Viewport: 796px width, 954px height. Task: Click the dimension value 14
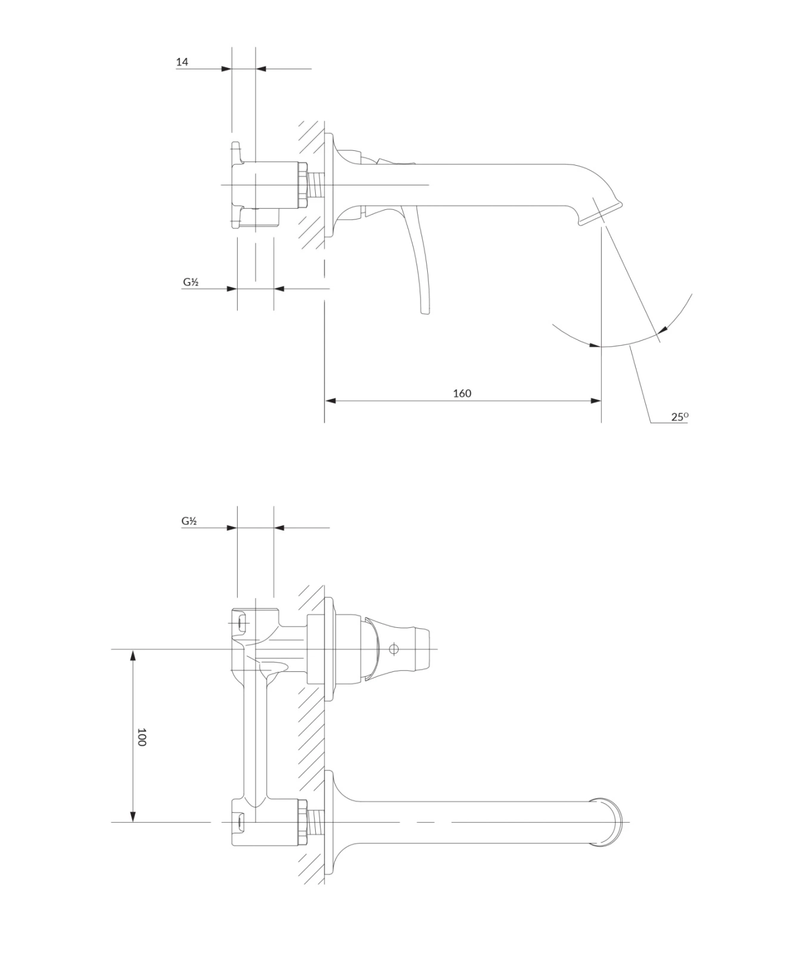[x=182, y=61]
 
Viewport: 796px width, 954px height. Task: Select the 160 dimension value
[x=462, y=393]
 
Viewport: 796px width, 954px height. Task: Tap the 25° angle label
[x=680, y=417]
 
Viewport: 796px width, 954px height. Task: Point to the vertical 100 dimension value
[x=141, y=737]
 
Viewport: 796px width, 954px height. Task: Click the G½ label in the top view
[x=191, y=282]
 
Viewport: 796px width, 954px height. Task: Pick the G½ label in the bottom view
[x=189, y=521]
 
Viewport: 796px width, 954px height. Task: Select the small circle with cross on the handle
[x=393, y=649]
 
